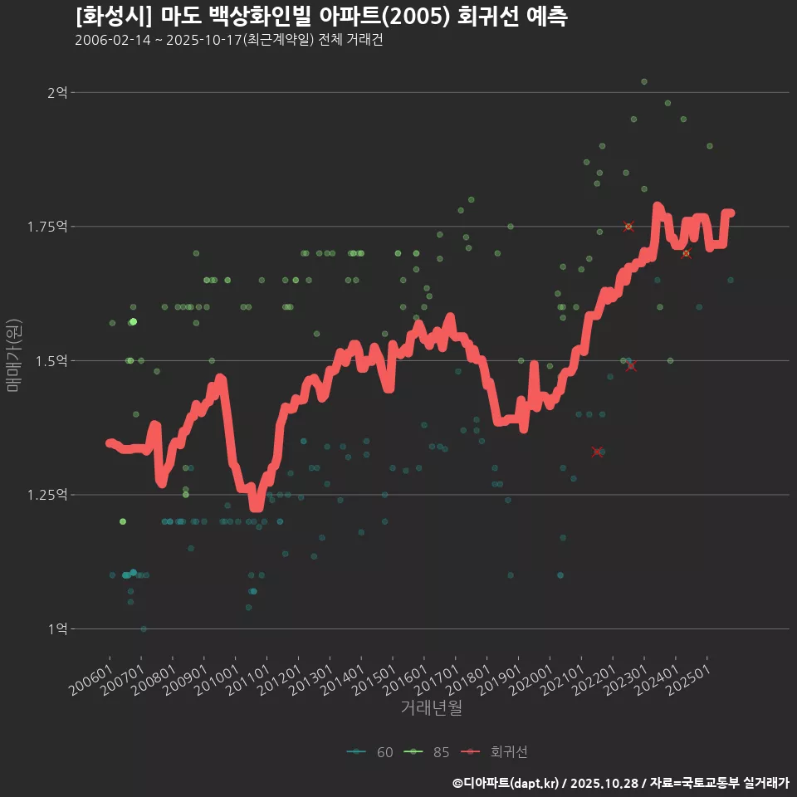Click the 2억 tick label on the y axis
tap(57, 92)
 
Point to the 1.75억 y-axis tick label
tap(51, 227)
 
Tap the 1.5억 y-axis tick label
tap(54, 361)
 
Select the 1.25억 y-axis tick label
tap(51, 495)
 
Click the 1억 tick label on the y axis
tap(57, 629)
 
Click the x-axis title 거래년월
tap(431, 707)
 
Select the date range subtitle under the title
tap(228, 41)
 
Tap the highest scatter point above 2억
tap(643, 81)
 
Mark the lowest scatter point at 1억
tap(144, 629)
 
